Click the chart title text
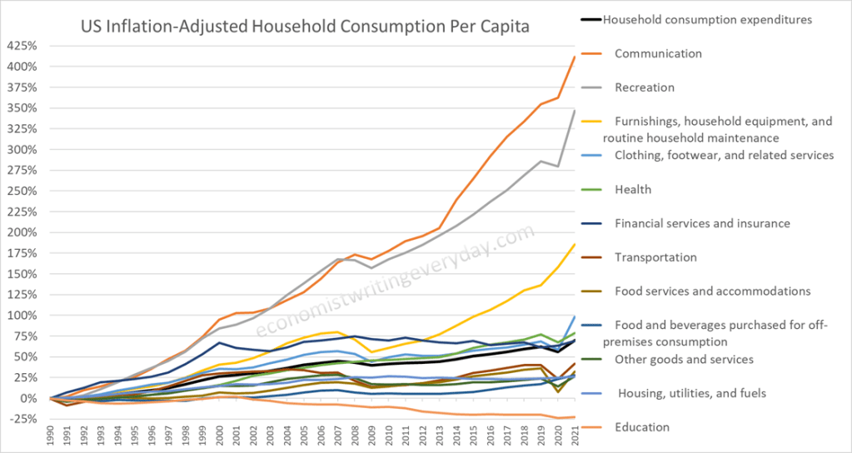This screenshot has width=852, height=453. pyautogui.click(x=304, y=27)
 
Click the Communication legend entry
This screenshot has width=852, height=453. pyautogui.click(x=658, y=53)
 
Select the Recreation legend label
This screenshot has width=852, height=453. pyautogui.click(x=645, y=87)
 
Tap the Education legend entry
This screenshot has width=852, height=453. pyautogui.click(x=642, y=427)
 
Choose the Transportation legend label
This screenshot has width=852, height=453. pyautogui.click(x=655, y=257)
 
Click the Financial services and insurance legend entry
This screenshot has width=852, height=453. pyautogui.click(x=702, y=223)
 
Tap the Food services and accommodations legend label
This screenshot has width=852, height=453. pyautogui.click(x=712, y=291)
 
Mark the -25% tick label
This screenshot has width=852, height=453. pyautogui.click(x=23, y=420)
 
